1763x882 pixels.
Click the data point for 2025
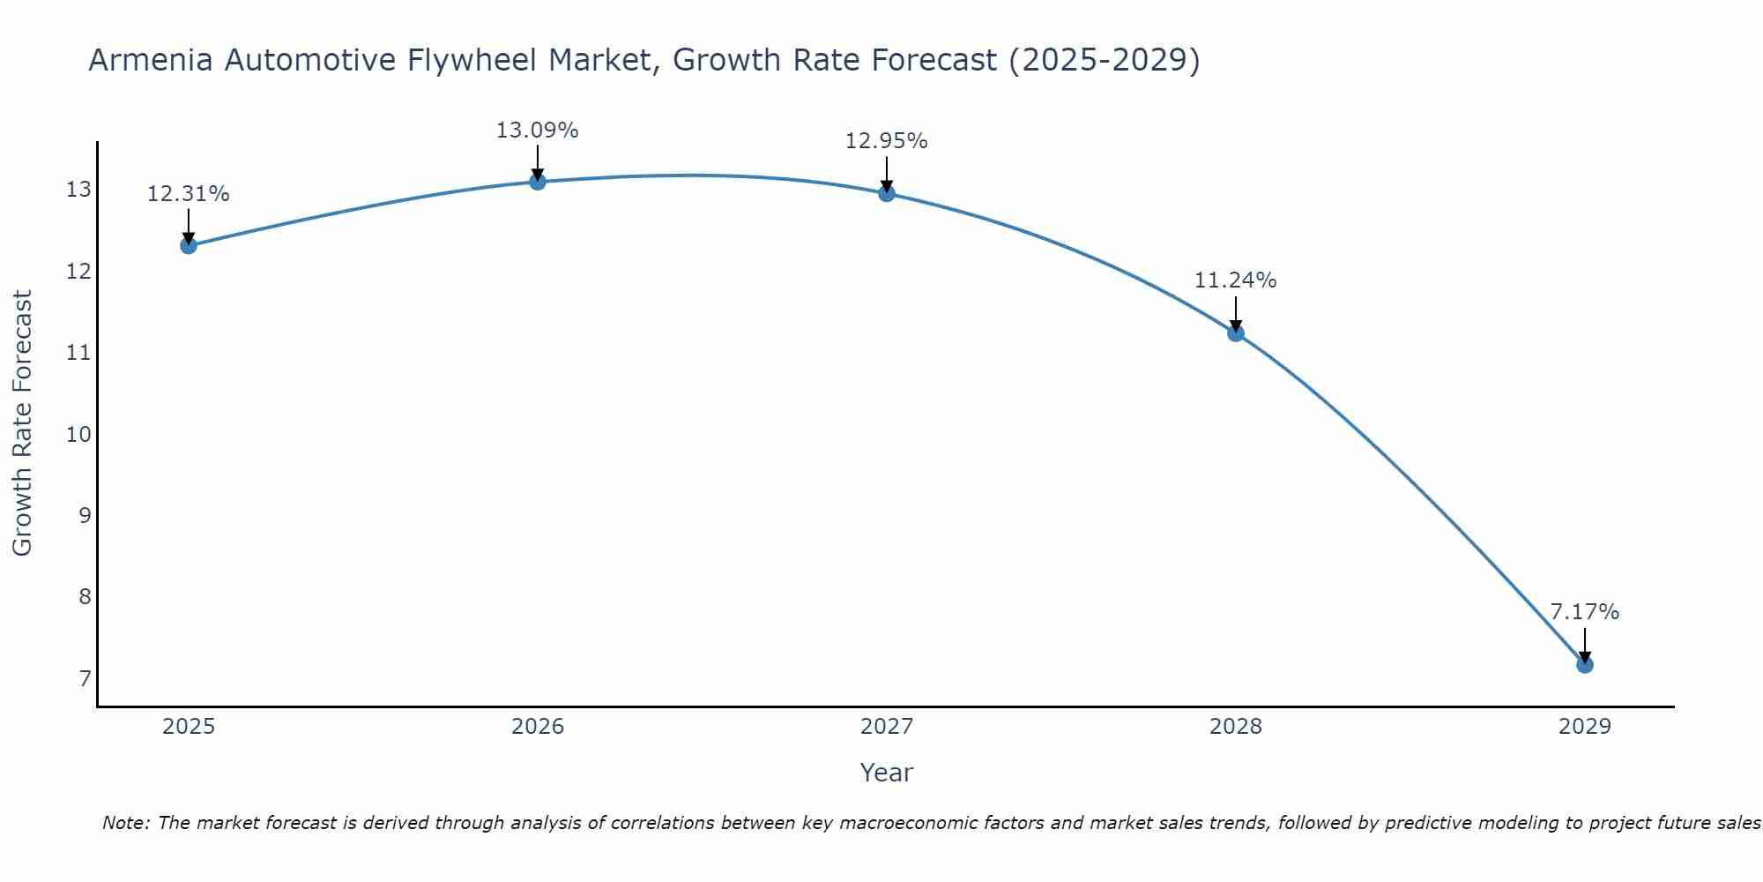click(188, 245)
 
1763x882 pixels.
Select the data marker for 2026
click(538, 182)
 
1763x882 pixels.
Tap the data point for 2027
click(887, 193)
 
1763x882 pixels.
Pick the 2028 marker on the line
click(1236, 333)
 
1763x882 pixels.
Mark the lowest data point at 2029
click(1585, 664)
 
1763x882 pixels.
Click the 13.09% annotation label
click(537, 131)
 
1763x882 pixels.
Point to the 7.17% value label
click(1584, 612)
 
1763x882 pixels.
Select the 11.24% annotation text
click(1235, 280)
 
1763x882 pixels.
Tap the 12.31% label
click(188, 194)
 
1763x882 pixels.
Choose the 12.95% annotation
click(886, 141)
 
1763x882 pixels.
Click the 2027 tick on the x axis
click(887, 727)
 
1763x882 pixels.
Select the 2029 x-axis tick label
click(1585, 727)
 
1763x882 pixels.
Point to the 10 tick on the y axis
click(78, 434)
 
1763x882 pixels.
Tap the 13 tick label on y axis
click(78, 190)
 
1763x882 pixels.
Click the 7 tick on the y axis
click(85, 678)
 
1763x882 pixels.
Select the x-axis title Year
click(886, 773)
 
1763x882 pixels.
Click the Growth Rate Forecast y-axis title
click(23, 423)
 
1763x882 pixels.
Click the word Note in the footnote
click(123, 823)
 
